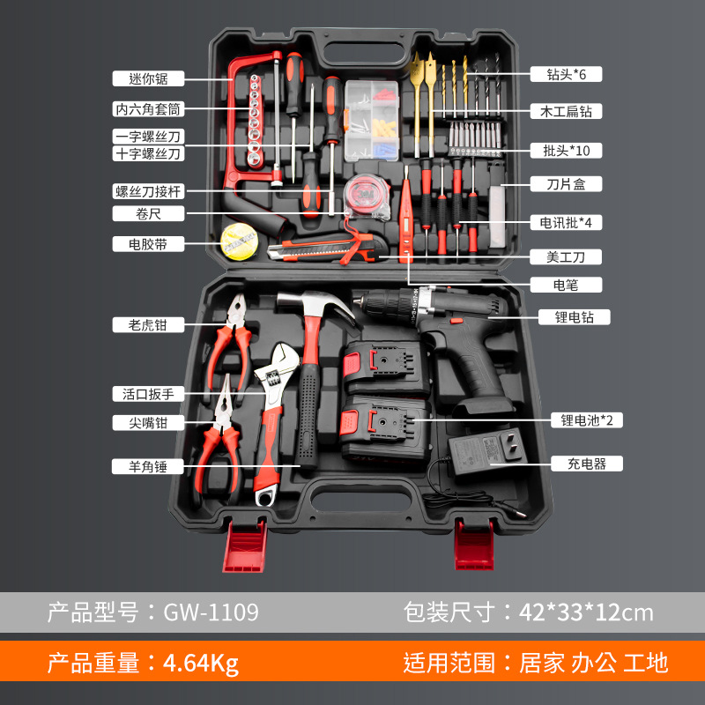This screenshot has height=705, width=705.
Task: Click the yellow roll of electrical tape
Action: pos(239,241)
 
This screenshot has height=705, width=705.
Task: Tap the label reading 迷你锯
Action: pos(148,78)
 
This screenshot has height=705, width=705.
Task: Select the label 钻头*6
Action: pos(566,74)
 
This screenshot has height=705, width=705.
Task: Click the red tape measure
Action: pos(366,197)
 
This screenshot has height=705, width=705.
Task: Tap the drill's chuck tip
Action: pos(358,299)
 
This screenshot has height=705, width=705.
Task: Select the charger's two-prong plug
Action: pos(514,445)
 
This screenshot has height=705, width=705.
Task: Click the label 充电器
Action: pos(587,464)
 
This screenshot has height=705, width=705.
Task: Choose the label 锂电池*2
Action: pos(587,420)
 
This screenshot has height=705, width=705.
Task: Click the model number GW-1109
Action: pos(211,612)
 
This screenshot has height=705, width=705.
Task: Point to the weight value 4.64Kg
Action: pos(201,663)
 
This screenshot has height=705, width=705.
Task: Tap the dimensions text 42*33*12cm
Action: pos(586,612)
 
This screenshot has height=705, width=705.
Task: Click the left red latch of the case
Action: pos(245,545)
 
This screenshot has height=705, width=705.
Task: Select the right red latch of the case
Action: pos(474,545)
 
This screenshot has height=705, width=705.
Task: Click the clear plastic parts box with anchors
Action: pos(372,121)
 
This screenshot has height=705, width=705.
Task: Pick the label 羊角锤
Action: pos(147,466)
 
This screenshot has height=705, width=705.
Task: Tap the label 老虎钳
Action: pos(148,324)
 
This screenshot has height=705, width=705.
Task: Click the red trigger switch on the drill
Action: pos(456,321)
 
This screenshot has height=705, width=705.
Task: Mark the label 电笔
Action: pos(566,285)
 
